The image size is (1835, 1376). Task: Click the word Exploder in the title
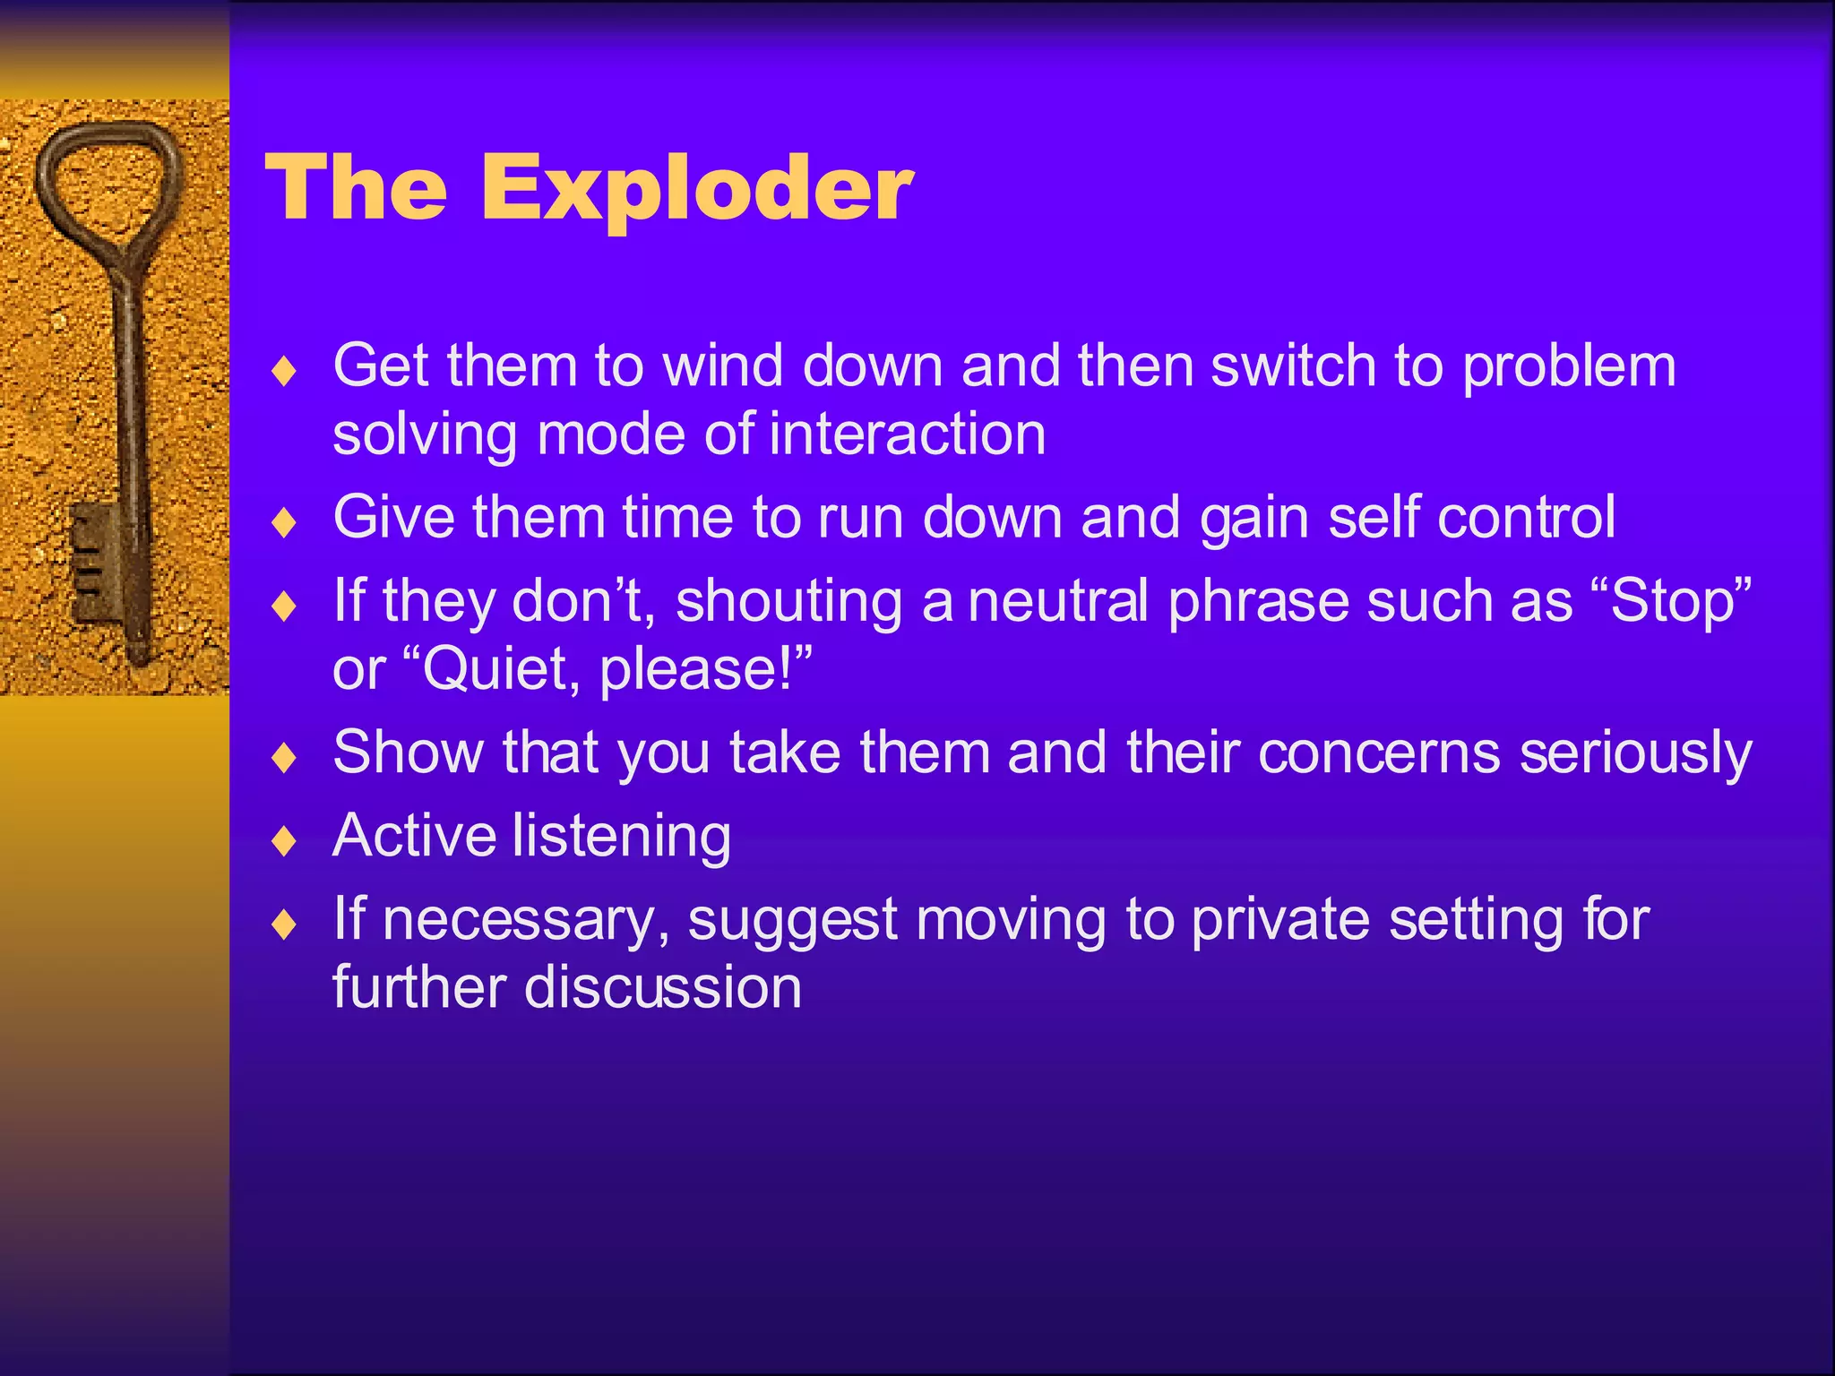pos(697,188)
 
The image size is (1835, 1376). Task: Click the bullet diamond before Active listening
pos(284,840)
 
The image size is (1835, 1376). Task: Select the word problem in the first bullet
pos(1568,367)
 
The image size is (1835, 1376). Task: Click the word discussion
pos(662,988)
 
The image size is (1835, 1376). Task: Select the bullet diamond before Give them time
pos(284,522)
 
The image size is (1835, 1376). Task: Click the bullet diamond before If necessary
pos(284,924)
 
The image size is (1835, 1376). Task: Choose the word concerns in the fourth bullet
pos(1379,752)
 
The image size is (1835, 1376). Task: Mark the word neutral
pos(1058,600)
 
